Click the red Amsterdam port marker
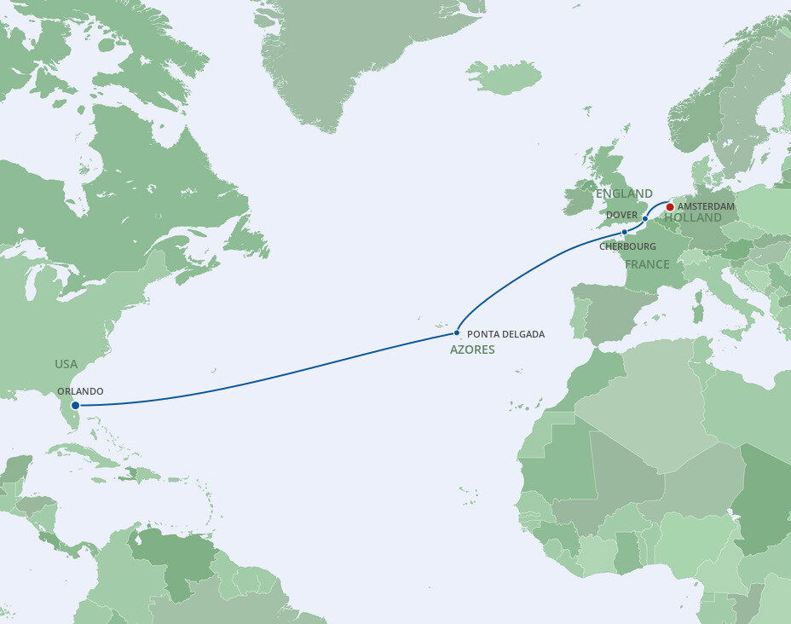[670, 206]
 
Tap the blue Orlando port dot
[76, 406]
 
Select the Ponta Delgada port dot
[458, 332]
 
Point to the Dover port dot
[645, 219]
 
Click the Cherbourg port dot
[624, 232]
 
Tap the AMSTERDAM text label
[706, 207]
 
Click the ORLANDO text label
[80, 391]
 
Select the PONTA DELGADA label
[505, 334]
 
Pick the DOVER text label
[622, 215]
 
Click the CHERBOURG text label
[626, 246]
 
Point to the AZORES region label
[472, 350]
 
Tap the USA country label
[66, 364]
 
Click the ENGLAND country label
[625, 194]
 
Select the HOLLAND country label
[693, 218]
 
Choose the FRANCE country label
[647, 264]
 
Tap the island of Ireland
[579, 198]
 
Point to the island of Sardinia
[696, 307]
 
